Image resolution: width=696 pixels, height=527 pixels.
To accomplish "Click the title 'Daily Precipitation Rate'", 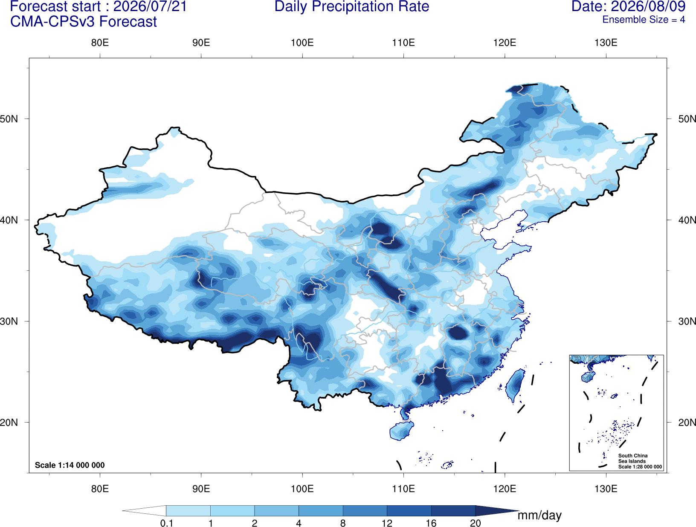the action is pos(352,6).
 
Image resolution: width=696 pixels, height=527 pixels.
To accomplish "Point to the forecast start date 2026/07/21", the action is pos(150,6).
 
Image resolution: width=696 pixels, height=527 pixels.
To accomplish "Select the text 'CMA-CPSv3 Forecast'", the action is pos(84,22).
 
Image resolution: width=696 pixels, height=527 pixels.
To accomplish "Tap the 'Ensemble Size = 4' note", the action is pos(644,20).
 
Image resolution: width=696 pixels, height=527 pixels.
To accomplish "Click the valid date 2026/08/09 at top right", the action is pos(648,6).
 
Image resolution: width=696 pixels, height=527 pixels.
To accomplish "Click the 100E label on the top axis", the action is pos(302,43).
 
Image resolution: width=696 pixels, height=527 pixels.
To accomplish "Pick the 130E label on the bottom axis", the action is pos(606,489).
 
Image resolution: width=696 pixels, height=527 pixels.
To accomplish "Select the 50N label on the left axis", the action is pos(9,119).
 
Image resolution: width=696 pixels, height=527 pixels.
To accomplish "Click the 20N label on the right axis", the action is pos(687,423).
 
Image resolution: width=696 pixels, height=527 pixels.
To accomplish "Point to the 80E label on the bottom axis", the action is pos(100,489).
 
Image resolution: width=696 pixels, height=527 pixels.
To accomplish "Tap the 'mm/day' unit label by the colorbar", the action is pos(539,515).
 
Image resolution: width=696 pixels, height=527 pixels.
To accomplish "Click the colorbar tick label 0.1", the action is pos(166,523).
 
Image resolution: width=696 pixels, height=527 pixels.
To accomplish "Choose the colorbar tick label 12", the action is pos(387,523).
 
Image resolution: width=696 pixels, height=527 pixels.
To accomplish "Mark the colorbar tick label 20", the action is pos(476,523).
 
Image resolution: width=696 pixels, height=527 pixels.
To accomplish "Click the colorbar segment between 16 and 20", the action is pos(453,510).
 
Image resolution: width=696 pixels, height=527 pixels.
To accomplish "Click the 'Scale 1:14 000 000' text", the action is pos(70,465).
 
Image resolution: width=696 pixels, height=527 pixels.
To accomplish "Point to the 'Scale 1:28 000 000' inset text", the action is pos(640,467).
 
